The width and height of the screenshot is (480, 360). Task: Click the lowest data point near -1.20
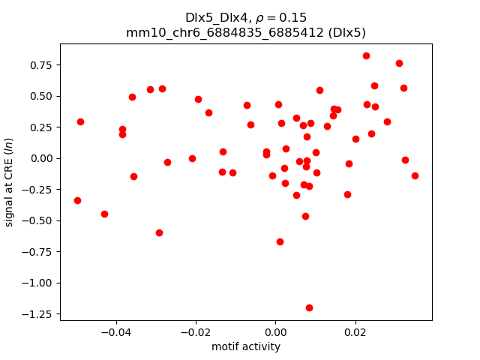click(309, 307)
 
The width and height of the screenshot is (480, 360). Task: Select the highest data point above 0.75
click(366, 55)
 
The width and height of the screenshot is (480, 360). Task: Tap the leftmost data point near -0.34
click(77, 200)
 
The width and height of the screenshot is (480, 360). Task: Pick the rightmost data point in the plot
click(415, 175)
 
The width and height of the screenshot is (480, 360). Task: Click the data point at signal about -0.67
click(280, 241)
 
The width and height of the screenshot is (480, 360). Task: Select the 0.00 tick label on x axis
click(275, 332)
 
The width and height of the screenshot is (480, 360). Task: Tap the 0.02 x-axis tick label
click(355, 332)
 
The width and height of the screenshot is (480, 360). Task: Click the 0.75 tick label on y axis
click(41, 64)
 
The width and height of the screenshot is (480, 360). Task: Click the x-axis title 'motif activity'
click(246, 346)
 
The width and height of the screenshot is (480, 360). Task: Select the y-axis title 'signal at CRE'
click(10, 178)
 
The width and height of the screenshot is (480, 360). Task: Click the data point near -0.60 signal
click(159, 232)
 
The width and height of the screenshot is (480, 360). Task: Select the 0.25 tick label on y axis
click(41, 127)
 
